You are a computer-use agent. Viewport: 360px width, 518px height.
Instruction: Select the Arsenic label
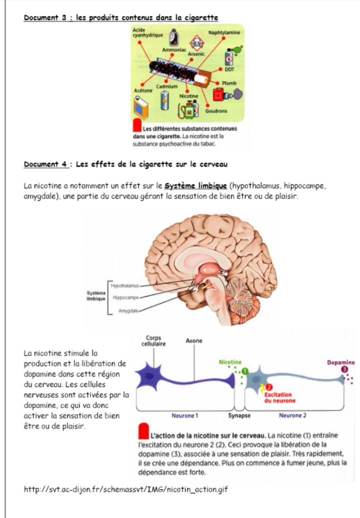pyautogui.click(x=196, y=53)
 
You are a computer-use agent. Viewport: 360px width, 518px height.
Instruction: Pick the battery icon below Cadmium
pyautogui.click(x=164, y=99)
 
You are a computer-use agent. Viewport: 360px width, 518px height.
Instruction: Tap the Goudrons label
pyautogui.click(x=216, y=110)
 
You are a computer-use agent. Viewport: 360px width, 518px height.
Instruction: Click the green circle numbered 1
pyautogui.click(x=245, y=371)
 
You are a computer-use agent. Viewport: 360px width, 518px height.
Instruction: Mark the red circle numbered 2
pyautogui.click(x=269, y=387)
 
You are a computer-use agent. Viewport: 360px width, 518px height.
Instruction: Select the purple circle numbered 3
pyautogui.click(x=345, y=369)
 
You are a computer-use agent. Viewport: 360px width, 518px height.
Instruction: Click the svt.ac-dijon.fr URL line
pyautogui.click(x=125, y=489)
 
